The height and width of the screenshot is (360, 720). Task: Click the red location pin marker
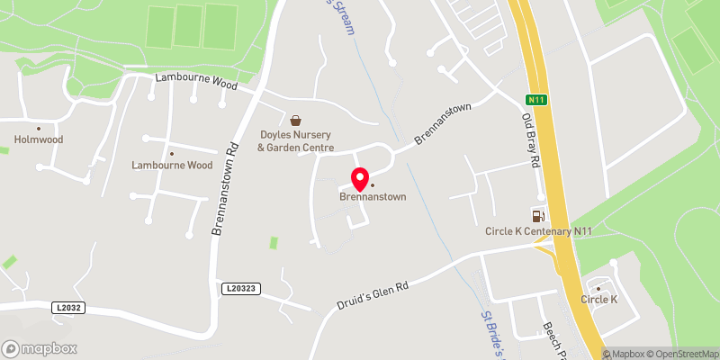tap(359, 178)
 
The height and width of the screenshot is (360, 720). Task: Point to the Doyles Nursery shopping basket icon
tap(295, 120)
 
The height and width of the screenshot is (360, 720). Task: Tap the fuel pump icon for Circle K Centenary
tap(538, 215)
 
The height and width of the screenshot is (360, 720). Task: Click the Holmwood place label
tap(37, 139)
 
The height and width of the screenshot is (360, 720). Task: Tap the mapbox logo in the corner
tap(40, 348)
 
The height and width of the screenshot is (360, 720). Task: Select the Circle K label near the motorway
tap(599, 299)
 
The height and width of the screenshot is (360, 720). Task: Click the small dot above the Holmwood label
tap(39, 128)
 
